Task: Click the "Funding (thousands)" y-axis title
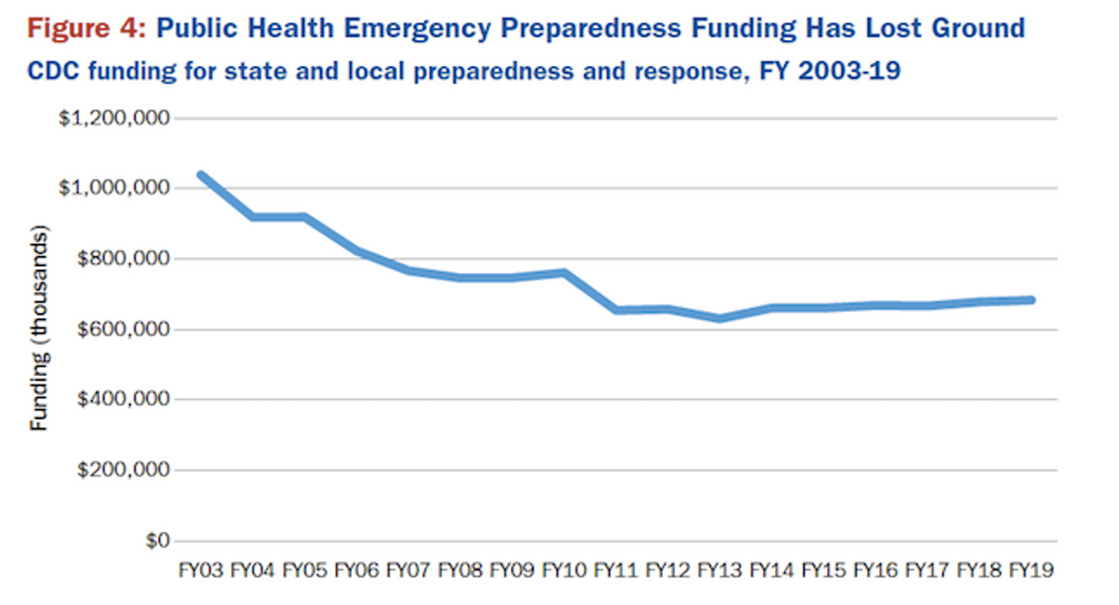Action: tap(39, 328)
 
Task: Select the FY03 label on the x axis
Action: tap(200, 571)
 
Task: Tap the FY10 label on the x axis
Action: tap(564, 571)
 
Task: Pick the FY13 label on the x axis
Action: tap(719, 571)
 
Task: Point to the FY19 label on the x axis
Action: tap(1032, 571)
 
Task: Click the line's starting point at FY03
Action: tap(201, 175)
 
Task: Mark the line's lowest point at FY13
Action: tap(719, 318)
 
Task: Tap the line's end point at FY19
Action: tap(1032, 300)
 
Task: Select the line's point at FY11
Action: tap(616, 310)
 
